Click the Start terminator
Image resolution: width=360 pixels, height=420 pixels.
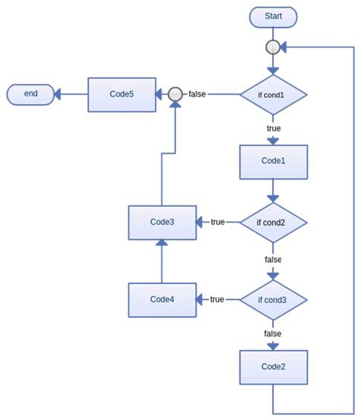click(x=273, y=17)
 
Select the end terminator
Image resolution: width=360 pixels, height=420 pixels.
click(x=30, y=94)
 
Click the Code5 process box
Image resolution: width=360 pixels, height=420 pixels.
click(x=122, y=94)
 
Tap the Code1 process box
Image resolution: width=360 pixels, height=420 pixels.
click(x=273, y=162)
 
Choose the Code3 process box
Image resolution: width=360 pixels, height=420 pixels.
click(x=163, y=223)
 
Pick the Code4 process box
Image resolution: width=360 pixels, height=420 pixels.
click(x=163, y=300)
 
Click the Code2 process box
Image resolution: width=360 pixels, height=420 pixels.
click(x=273, y=368)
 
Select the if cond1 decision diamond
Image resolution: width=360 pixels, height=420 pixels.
click(x=273, y=94)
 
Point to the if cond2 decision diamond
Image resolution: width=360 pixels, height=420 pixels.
click(x=273, y=223)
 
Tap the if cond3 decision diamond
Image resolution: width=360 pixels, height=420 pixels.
click(x=273, y=300)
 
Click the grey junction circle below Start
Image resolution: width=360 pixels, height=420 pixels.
click(x=273, y=47)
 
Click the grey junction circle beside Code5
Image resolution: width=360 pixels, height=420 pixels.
click(x=175, y=94)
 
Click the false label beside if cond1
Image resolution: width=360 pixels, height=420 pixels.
click(x=197, y=94)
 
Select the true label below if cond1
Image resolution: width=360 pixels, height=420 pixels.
click(x=273, y=128)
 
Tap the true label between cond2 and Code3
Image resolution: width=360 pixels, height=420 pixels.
click(x=217, y=222)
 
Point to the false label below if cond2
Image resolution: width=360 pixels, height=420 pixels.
click(x=273, y=260)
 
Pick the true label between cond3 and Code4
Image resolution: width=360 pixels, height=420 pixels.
click(x=217, y=299)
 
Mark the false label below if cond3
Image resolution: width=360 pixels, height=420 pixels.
click(x=273, y=333)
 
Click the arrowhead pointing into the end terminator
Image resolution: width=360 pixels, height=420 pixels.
click(x=57, y=94)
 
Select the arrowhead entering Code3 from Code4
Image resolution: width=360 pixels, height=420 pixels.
click(x=162, y=242)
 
